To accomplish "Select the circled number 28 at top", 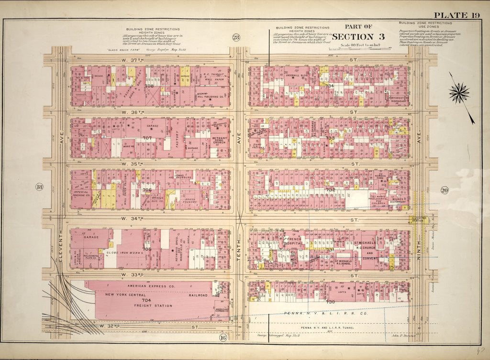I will coord(236,38).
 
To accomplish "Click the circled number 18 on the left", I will coord(39,186).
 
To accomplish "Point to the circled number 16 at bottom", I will coord(223,338).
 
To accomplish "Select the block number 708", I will coord(149,86).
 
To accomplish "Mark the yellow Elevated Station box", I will coord(419,221).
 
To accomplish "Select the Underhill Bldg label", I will coord(295,76).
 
